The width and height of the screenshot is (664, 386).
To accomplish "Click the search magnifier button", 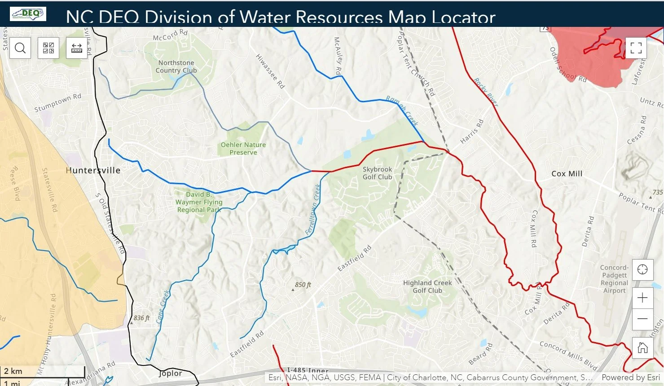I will point(20,48).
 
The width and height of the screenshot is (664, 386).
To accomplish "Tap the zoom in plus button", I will point(642,298).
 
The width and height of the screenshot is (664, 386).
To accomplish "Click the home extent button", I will point(642,347).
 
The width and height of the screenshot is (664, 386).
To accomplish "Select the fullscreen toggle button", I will point(636,48).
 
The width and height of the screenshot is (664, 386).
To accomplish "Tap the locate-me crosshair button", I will point(642,270).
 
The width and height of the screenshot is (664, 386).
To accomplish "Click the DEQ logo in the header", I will point(28,13).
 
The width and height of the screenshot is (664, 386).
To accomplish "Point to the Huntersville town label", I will point(93,170).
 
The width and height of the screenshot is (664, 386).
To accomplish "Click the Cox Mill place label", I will point(567,173).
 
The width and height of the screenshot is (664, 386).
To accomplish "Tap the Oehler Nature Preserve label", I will point(243,148).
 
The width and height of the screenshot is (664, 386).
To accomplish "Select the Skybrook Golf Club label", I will point(377,173).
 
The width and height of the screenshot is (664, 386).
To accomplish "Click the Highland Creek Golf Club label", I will point(427,286).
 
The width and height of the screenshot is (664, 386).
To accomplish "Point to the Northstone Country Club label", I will point(176,66).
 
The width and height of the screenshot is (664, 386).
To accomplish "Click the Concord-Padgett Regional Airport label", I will point(614,279).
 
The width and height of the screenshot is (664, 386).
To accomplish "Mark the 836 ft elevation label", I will point(141,318).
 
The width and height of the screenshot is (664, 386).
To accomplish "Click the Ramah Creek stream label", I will point(402,111).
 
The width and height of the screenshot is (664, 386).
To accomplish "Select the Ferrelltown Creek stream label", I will point(312,209).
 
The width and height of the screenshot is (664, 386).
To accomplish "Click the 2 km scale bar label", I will point(13,371).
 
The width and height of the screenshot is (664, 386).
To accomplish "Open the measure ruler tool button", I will point(77,48).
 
